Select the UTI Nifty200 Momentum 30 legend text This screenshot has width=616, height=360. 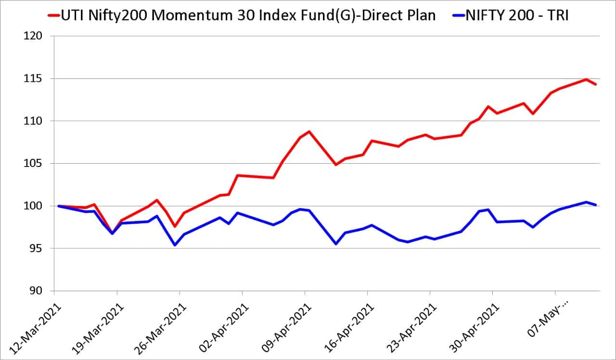[x=248, y=15]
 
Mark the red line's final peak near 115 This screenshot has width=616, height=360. [x=586, y=79]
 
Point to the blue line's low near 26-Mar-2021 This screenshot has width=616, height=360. [x=175, y=245]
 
